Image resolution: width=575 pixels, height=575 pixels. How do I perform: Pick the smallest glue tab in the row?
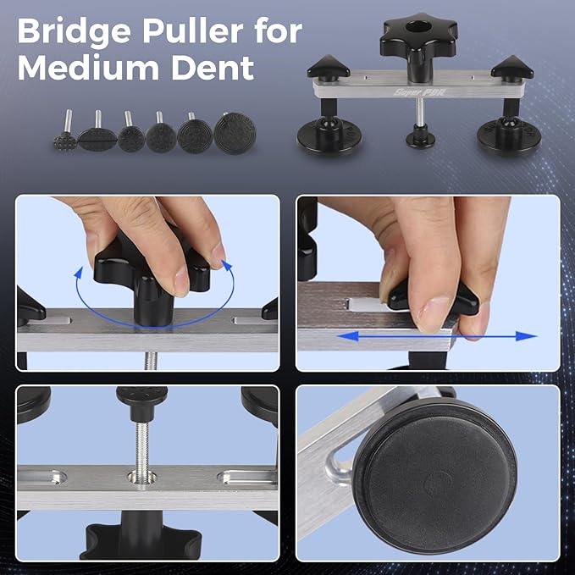tap(65, 138)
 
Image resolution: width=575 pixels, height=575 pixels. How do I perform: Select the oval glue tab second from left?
tap(97, 135)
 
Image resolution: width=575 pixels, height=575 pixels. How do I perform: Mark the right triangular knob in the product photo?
tap(511, 67)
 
